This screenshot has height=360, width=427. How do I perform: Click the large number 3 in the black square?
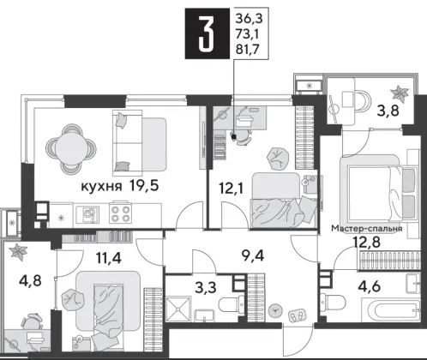pos(207,34)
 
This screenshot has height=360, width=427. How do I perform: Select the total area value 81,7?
pos(247,50)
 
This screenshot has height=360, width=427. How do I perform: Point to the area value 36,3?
pos(249,20)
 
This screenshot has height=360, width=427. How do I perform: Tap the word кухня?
pos(102,187)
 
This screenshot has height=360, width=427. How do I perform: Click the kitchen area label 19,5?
pos(143,186)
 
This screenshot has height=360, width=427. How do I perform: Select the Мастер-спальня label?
pos(367,229)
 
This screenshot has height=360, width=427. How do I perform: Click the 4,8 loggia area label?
pos(30,280)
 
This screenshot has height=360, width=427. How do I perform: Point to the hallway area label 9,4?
pos(253,255)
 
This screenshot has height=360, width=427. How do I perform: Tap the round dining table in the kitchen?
pos(71,148)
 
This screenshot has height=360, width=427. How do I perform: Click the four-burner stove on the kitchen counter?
pos(120,214)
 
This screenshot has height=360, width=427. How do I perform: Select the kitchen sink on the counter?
pos(87,214)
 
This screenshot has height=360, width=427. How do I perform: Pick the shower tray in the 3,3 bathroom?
pos(178,309)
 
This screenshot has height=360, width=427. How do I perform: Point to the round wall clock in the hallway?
pos(276,310)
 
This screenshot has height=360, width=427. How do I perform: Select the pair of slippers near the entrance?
pos(297,315)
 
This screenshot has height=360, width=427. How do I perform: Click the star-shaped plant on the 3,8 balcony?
pos(400,94)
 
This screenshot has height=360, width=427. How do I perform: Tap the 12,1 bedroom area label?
pos(232,189)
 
